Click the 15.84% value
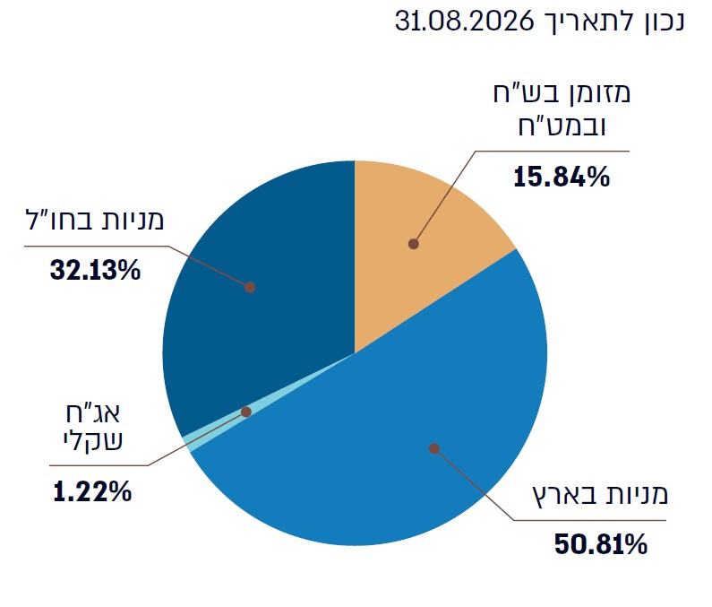tap(562, 177)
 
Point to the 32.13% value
tap(95, 270)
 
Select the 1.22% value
tap(92, 491)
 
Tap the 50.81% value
tap(601, 544)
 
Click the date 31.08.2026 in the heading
tap(464, 21)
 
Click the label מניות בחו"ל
tap(94, 220)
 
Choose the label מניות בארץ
tap(600, 495)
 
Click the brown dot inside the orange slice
tap(413, 244)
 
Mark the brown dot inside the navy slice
tap(250, 287)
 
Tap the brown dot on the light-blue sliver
tap(246, 412)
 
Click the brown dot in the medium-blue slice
tap(434, 449)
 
